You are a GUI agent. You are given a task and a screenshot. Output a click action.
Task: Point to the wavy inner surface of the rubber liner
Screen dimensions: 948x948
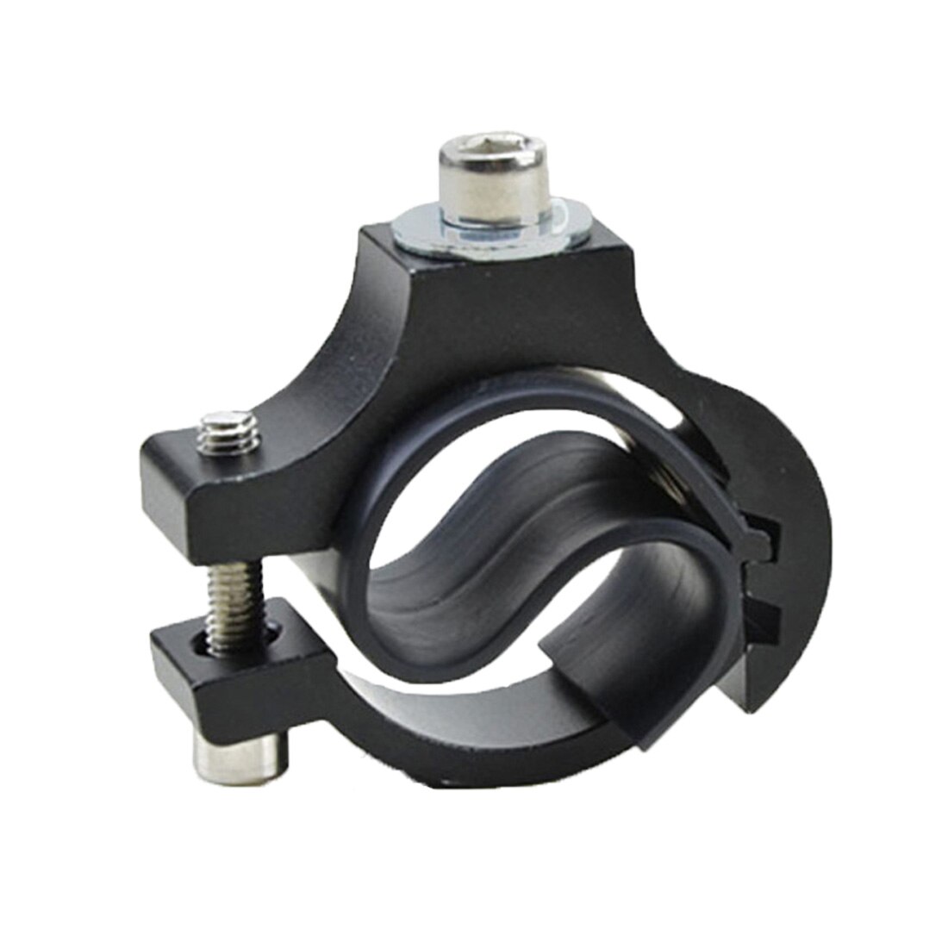[x=483, y=552]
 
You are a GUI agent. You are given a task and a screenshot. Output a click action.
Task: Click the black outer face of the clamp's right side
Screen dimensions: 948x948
[x=793, y=483]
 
